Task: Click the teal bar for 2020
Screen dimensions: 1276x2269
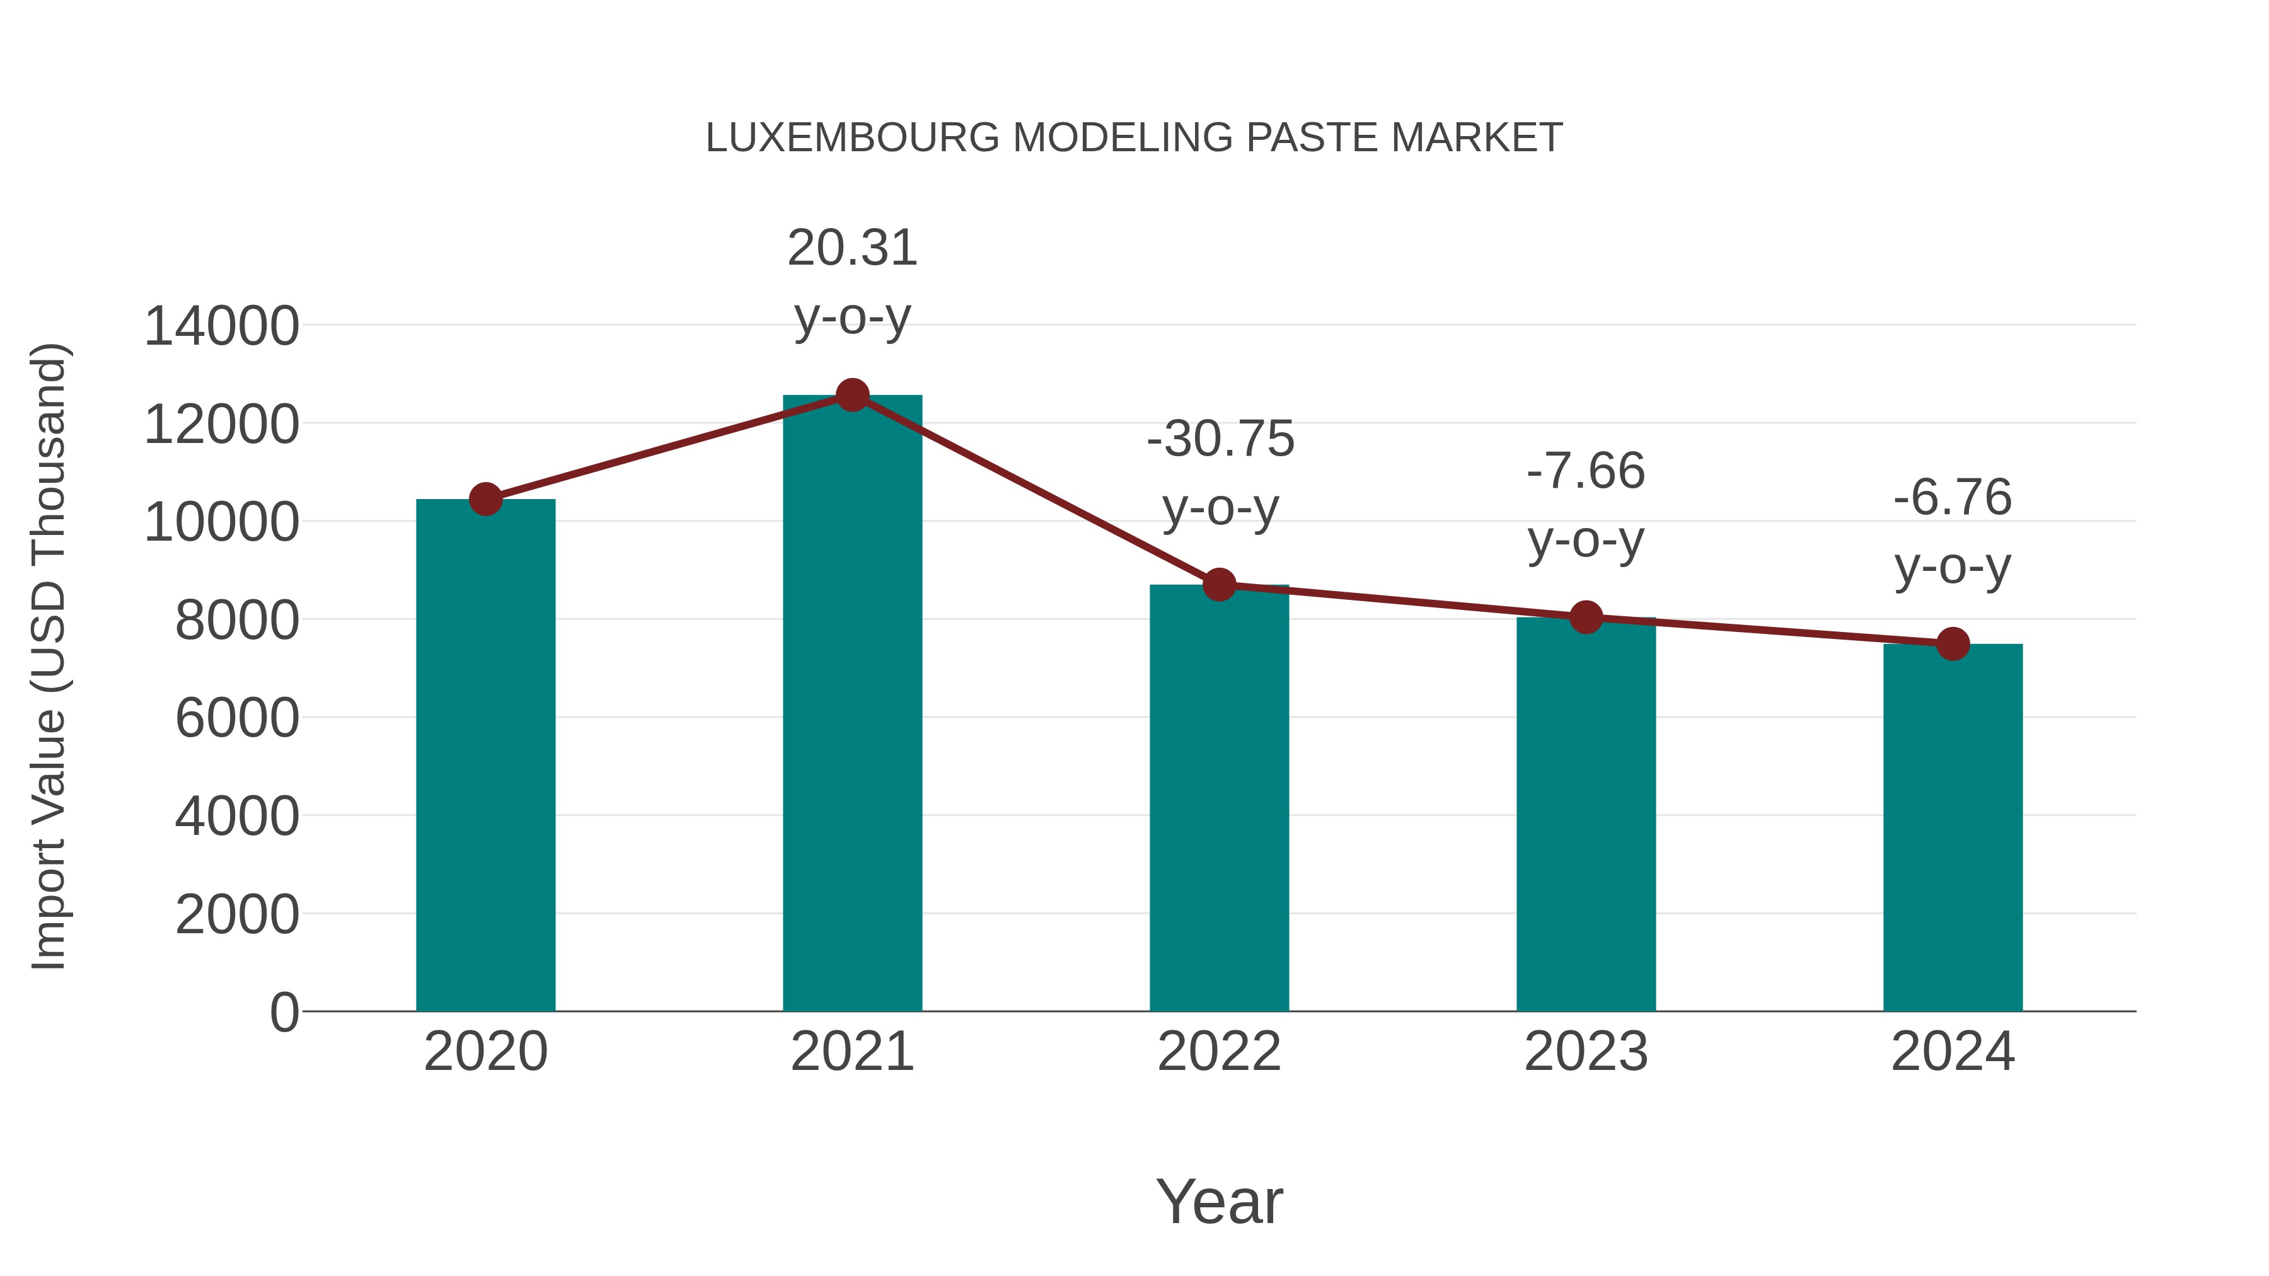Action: coord(485,757)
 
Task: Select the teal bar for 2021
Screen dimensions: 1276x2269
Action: coord(852,704)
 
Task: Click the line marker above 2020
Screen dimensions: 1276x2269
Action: coord(485,499)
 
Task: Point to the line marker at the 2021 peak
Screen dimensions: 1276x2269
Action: coord(852,395)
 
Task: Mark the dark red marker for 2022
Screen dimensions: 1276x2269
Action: coord(1219,584)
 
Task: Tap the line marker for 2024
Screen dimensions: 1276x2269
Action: coord(1953,644)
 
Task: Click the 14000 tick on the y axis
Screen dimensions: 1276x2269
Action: coord(222,326)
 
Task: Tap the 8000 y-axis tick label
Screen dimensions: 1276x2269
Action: coord(237,620)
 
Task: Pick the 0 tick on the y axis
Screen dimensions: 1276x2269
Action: coord(284,1012)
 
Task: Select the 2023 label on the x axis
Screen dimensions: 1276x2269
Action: coord(1586,1052)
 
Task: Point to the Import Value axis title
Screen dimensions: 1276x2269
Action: coord(49,656)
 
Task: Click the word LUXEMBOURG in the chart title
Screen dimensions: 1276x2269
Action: coord(852,138)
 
